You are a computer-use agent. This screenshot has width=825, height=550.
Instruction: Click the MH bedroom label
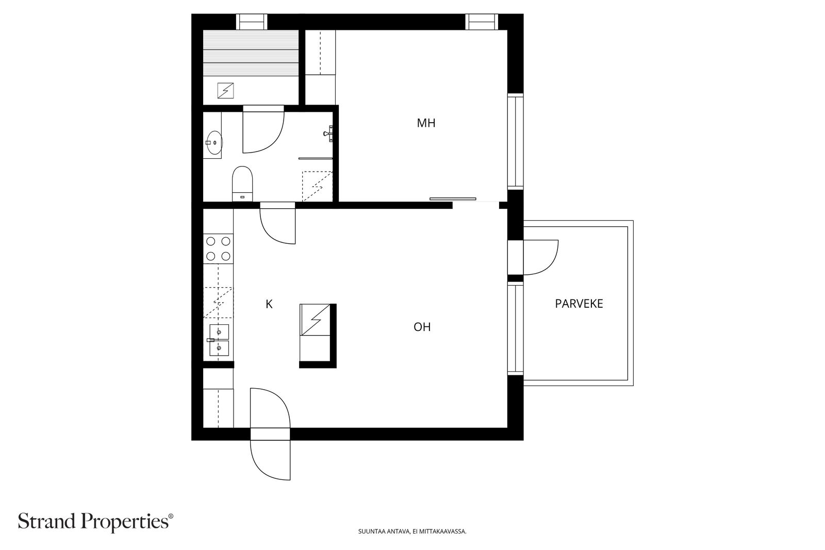coord(426,123)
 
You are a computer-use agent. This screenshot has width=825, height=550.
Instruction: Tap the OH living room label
coord(422,327)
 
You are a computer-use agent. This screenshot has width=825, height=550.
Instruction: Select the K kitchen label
coord(269,304)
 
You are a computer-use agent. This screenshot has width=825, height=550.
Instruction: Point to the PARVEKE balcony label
coord(579,304)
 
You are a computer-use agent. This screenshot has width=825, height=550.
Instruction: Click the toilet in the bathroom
coord(242,184)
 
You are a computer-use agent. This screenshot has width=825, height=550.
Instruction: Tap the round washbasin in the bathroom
coord(214,142)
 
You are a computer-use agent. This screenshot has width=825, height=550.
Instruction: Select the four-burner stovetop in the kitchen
coord(219,249)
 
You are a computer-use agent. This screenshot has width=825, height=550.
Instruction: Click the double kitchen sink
coord(219,340)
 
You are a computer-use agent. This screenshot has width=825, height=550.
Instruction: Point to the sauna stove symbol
coord(225,91)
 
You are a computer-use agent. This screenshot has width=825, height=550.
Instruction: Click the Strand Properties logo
coord(95,522)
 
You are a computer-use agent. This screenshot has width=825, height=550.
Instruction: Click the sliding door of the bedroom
coord(453,199)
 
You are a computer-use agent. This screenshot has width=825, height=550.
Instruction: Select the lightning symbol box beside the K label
coord(315,320)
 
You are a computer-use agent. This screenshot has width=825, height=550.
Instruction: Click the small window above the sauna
coord(251,22)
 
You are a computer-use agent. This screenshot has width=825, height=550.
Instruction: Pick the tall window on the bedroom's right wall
coord(515,142)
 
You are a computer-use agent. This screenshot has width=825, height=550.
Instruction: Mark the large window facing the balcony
coord(515,328)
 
